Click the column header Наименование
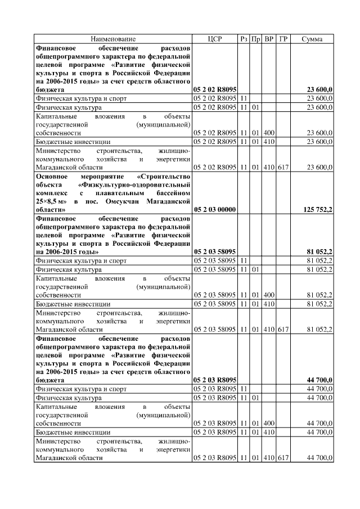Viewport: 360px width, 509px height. click(x=114, y=39)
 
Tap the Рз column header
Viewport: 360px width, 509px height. click(x=244, y=39)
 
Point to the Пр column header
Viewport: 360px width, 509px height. click(x=255, y=39)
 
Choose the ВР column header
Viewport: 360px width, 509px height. click(x=269, y=39)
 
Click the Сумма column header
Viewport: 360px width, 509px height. click(x=312, y=39)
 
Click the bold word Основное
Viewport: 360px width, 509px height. click(x=53, y=175)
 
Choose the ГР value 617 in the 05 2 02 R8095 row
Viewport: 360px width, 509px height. click(x=283, y=167)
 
